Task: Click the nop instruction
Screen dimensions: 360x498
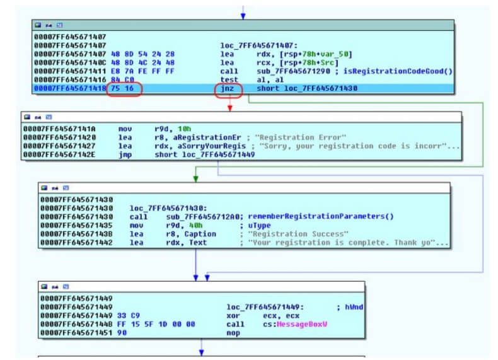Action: (x=233, y=334)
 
